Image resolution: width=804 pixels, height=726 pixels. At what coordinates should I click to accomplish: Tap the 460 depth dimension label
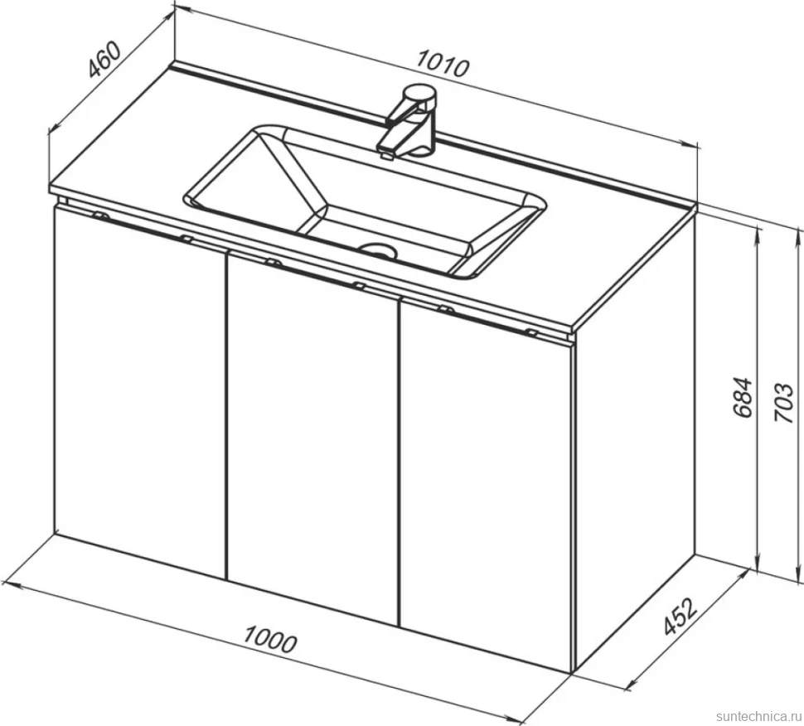104,60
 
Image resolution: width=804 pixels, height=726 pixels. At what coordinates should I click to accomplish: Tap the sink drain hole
379,249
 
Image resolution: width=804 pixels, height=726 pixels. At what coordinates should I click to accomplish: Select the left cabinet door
140,392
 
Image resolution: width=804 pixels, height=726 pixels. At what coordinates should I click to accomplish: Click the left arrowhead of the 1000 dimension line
12,585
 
